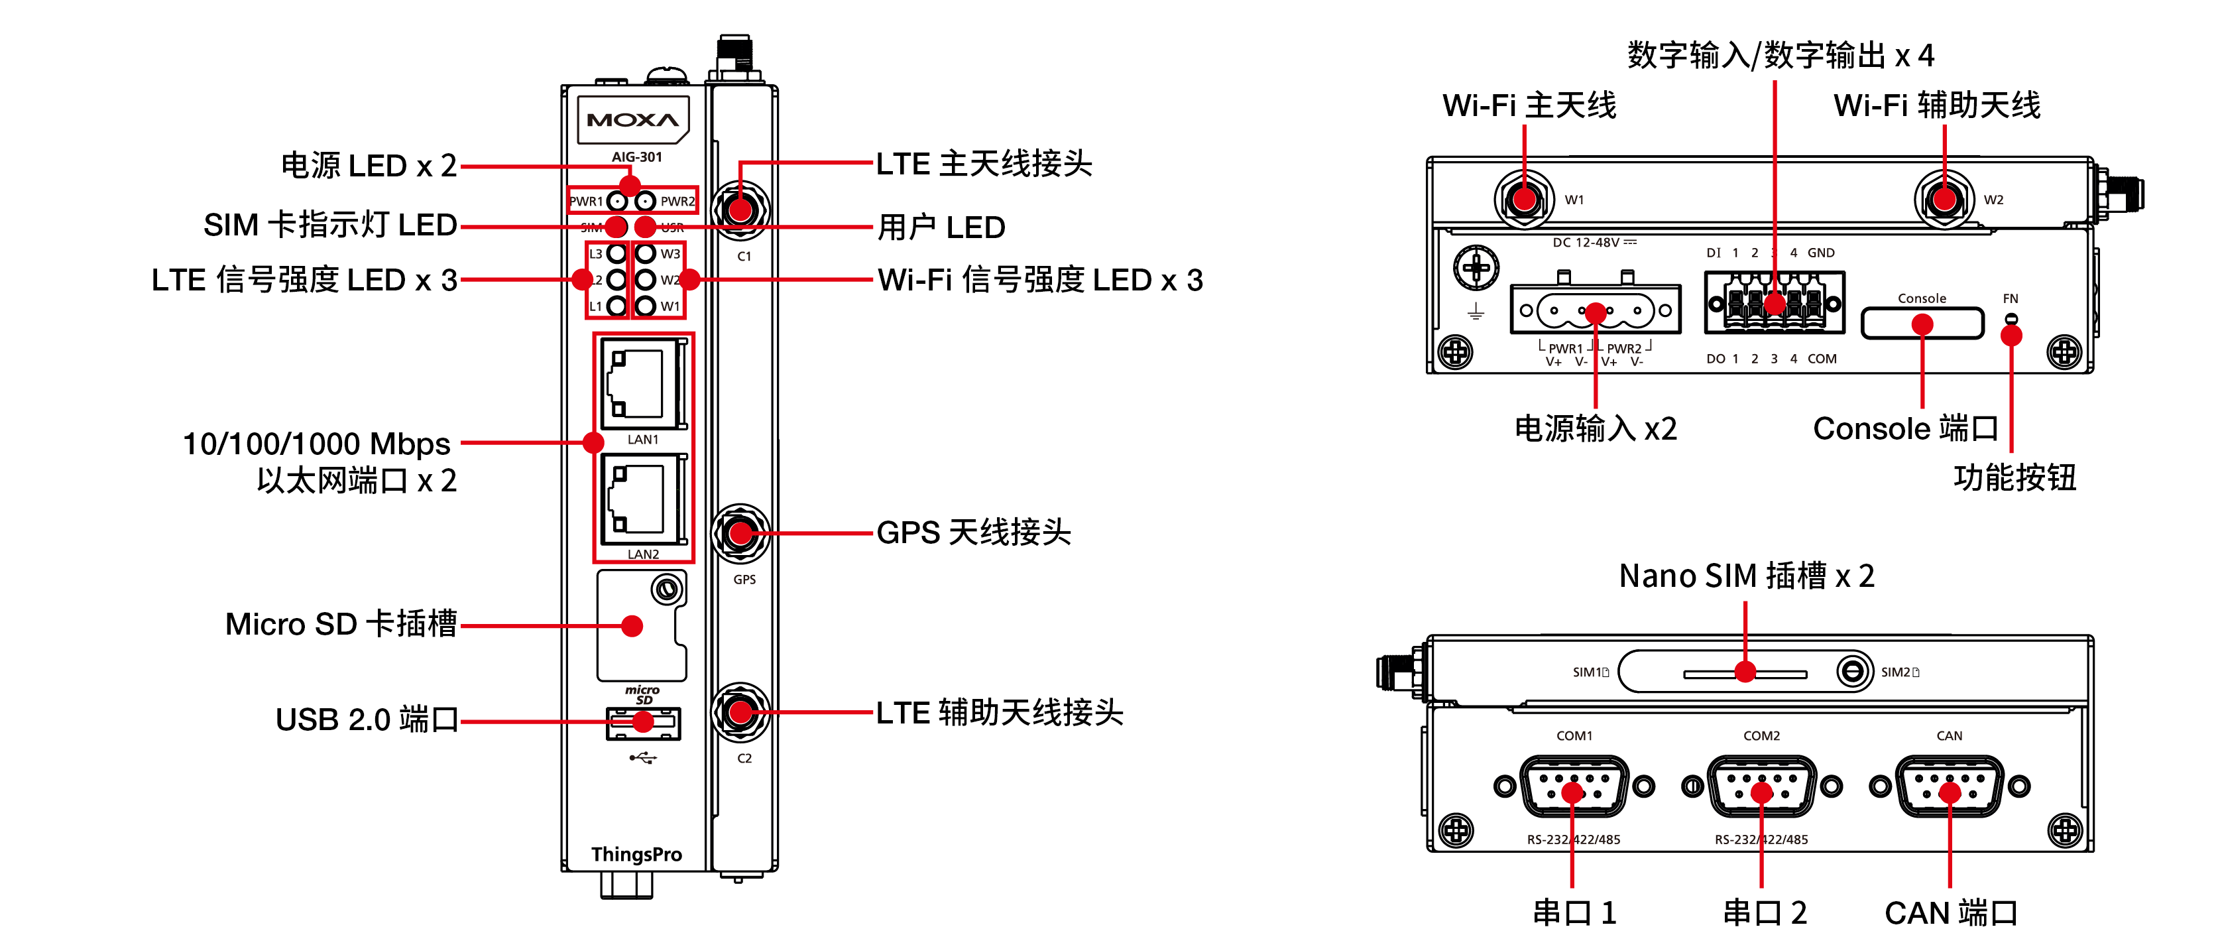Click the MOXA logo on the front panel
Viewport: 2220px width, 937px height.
coord(632,121)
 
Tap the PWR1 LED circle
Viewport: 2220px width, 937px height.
coord(617,202)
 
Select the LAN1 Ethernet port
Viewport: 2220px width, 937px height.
coord(643,383)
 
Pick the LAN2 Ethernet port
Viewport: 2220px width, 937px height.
coord(643,499)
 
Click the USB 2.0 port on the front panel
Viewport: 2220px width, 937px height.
coord(643,724)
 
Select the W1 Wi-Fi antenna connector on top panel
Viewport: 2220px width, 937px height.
coord(1524,199)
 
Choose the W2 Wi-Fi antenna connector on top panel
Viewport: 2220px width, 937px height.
coord(1944,199)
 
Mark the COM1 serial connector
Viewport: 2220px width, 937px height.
coord(1574,786)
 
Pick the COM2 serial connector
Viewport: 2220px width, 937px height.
coord(1761,786)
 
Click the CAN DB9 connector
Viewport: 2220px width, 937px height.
coord(1950,786)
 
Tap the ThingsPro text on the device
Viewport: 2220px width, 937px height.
coord(636,854)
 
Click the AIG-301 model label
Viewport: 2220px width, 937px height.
coord(637,157)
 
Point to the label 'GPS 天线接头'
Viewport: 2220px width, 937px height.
coord(973,532)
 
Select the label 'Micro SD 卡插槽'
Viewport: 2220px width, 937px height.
coord(341,624)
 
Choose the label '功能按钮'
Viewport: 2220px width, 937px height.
coord(2014,477)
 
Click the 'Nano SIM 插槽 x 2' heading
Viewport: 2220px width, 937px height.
coord(1746,576)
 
